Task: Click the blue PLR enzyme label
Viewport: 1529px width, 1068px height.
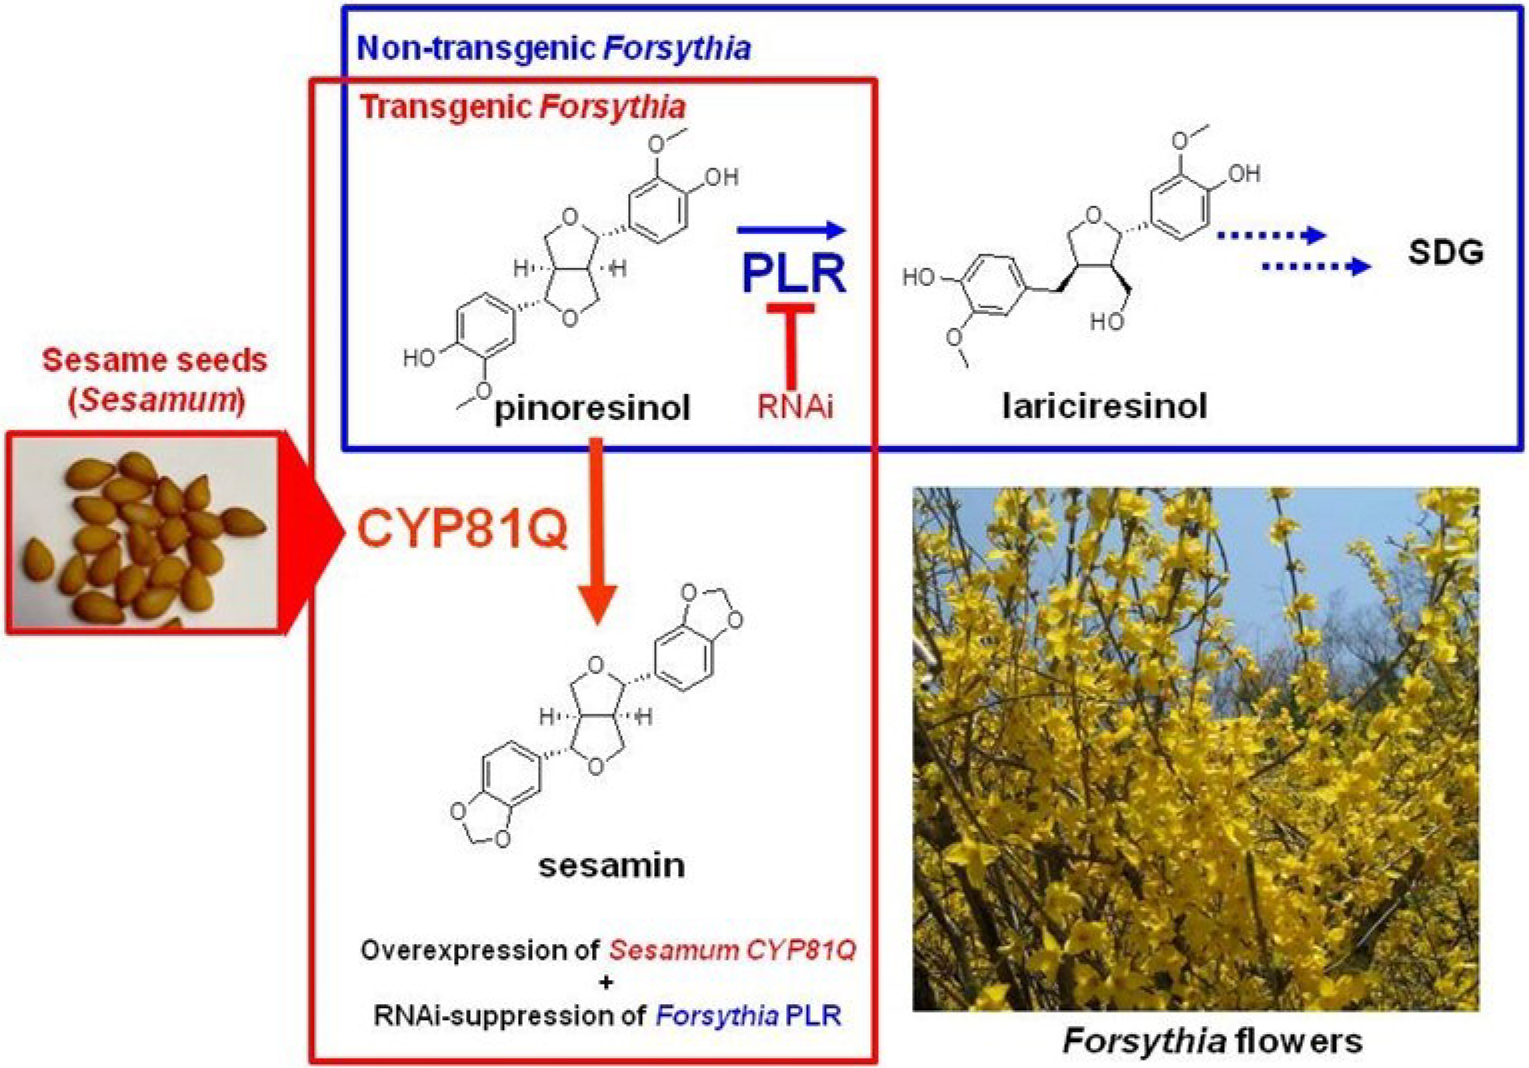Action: pos(794,273)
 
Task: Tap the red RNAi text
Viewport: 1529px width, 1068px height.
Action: pos(795,406)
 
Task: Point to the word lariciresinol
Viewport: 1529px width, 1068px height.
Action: pos(1104,405)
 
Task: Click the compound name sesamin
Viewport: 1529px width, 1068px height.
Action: pos(612,866)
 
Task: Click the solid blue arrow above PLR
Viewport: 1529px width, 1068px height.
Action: pos(791,231)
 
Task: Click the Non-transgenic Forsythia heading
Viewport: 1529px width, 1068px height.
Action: pos(554,49)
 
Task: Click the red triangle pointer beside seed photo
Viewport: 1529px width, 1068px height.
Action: pos(313,533)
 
